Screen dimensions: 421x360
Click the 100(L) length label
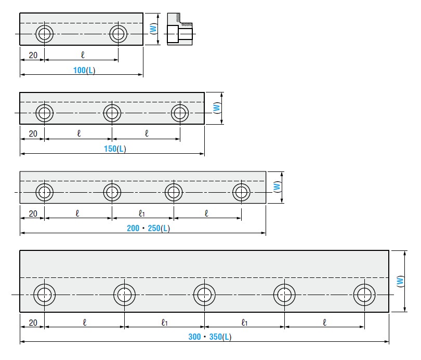pyautogui.click(x=84, y=70)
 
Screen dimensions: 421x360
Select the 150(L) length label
pyautogui.click(x=115, y=149)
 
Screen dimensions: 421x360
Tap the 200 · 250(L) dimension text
pyautogui.click(x=148, y=228)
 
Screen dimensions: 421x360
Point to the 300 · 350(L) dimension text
pyautogui.click(x=209, y=337)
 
